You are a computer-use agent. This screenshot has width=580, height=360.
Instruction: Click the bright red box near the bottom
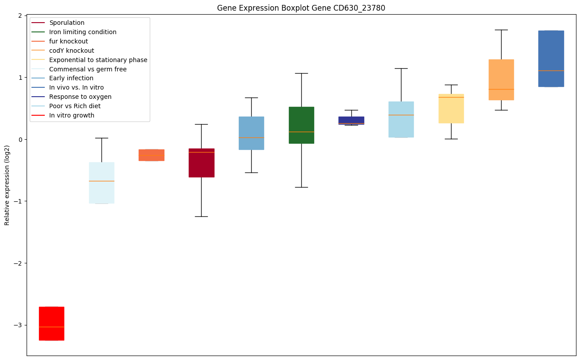51,323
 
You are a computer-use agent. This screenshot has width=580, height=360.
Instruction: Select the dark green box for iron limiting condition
301,125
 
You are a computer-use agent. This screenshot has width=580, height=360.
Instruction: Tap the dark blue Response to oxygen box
351,120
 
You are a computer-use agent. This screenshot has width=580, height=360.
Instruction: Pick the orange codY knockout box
501,79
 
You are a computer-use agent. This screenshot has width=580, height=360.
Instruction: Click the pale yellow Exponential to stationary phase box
451,109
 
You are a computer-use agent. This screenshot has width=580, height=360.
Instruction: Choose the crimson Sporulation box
202,163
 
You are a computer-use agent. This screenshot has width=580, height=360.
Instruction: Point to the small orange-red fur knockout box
152,155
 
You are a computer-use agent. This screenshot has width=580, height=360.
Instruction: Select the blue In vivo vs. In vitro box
551,59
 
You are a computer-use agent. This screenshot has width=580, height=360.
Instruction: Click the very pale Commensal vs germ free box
101,183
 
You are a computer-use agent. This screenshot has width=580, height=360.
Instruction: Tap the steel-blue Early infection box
251,133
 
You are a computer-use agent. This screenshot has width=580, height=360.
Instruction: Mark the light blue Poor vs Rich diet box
401,119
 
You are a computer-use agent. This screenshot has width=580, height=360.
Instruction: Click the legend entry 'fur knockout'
68,41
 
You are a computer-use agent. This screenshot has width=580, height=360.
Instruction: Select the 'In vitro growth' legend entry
71,116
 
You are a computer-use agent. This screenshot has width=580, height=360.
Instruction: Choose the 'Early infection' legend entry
71,78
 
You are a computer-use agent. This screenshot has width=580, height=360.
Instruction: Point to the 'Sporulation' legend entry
66,23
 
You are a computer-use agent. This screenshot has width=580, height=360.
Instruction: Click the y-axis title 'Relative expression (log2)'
7,186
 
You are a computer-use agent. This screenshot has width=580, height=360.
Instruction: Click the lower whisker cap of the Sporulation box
202,216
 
